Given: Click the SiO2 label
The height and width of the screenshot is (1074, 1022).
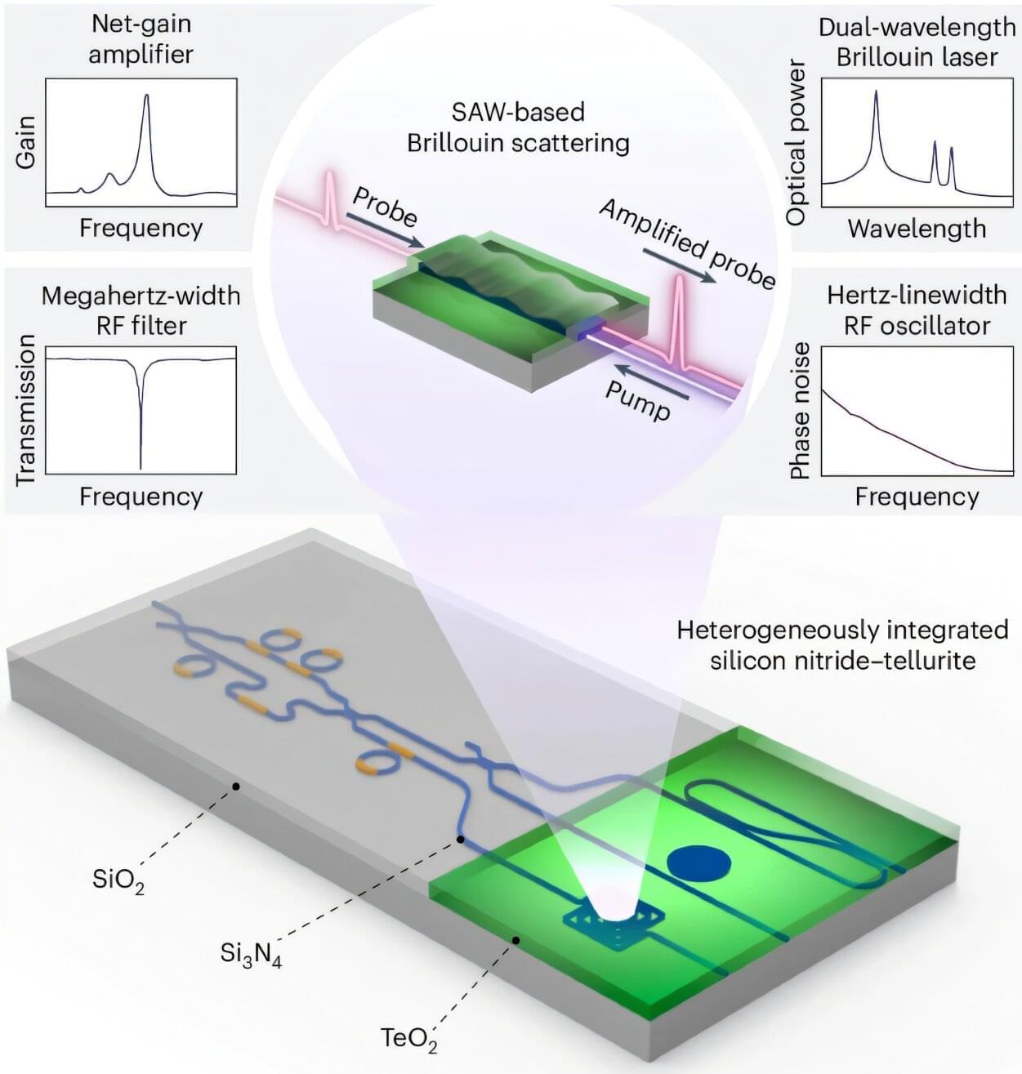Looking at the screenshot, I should tap(118, 882).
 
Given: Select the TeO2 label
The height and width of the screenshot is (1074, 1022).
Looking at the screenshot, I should tap(408, 1040).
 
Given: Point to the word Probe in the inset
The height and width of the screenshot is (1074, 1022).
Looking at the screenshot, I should tap(385, 207).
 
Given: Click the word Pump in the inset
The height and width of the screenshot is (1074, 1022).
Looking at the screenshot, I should tap(638, 399).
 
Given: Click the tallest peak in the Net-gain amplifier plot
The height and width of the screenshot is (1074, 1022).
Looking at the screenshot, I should tap(147, 97).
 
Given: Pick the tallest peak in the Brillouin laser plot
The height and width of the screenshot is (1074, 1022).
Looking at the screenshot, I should tap(876, 92).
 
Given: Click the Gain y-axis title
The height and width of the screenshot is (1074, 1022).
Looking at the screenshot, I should tap(25, 143).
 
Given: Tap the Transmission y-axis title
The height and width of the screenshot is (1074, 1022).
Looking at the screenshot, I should tap(25, 410).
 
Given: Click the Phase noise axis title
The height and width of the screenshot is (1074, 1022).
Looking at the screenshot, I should tap(800, 411).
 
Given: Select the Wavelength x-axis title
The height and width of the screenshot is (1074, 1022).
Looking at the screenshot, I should tap(917, 228).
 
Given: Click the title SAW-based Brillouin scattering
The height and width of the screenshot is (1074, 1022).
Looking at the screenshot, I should tap(518, 127).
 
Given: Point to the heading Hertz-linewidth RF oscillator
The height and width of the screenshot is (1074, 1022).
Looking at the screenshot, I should tap(917, 310).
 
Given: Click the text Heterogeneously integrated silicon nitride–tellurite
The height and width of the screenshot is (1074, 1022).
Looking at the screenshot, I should tap(842, 644).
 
